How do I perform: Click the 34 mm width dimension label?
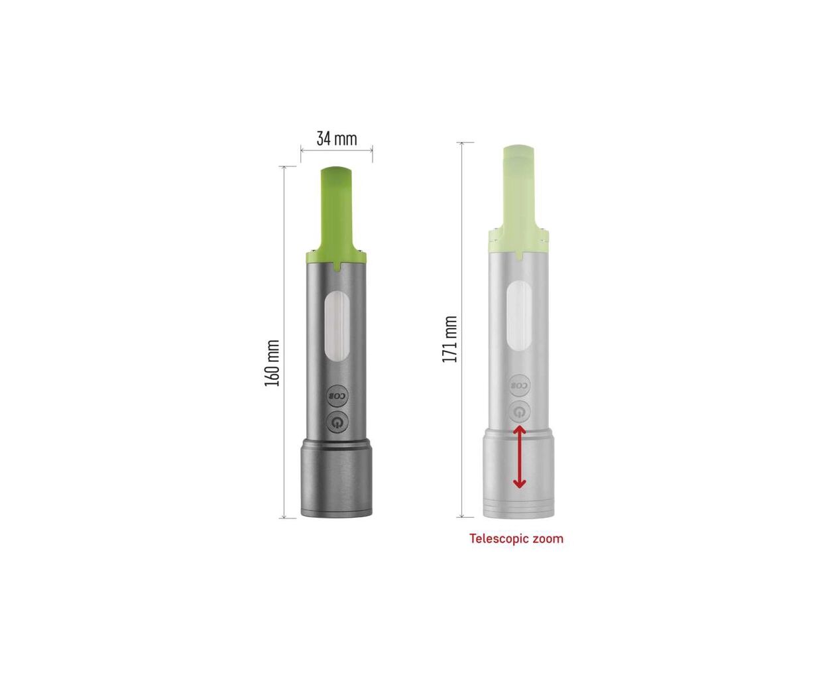337,139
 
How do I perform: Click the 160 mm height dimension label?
272,363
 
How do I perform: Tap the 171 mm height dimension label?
449,339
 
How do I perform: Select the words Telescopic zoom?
516,538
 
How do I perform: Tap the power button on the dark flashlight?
337,422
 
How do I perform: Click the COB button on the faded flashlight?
520,385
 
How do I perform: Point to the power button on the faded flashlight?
520,412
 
